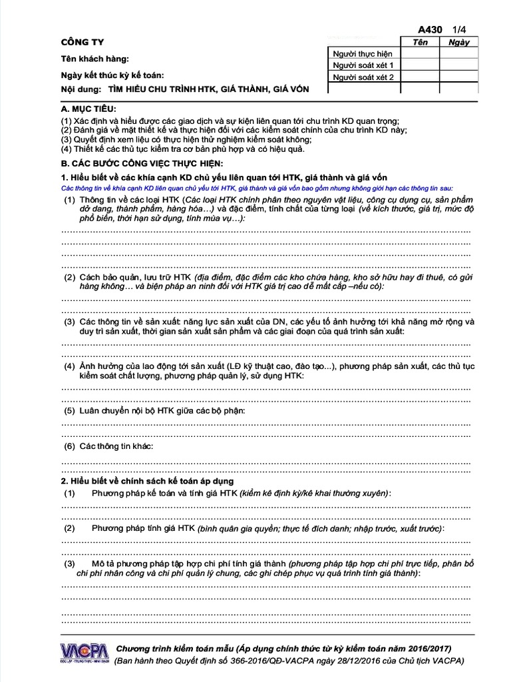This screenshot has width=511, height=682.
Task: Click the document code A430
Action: tap(430, 30)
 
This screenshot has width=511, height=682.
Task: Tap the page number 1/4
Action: tap(460, 30)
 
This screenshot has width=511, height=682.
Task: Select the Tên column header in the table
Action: tap(420, 42)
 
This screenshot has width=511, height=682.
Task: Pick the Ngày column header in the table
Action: tap(459, 42)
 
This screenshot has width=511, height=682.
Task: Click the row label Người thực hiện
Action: tap(363, 53)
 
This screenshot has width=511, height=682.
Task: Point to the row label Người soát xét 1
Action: tap(364, 65)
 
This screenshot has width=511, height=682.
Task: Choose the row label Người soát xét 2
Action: tap(364, 77)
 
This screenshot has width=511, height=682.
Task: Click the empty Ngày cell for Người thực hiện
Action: tap(459, 53)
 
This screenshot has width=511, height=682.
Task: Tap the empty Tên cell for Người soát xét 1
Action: tap(420, 65)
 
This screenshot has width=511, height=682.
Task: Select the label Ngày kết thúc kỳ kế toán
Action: tap(112, 75)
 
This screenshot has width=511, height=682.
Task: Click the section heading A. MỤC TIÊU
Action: tap(88, 109)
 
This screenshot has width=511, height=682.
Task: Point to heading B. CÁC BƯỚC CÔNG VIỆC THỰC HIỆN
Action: tap(142, 163)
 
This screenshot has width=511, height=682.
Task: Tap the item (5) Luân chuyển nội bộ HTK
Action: tap(154, 411)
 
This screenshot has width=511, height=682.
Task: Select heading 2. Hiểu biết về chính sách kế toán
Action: tap(147, 480)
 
